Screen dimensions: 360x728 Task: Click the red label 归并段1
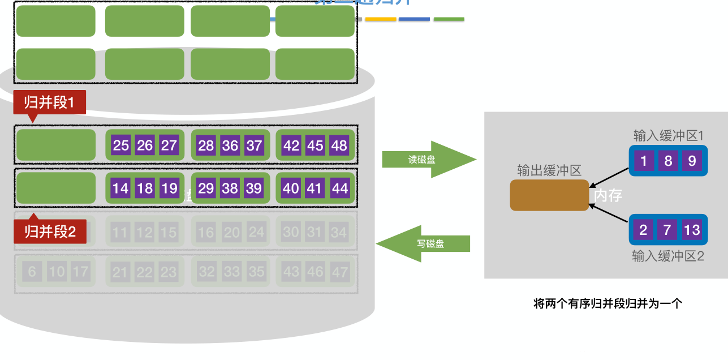pos(49,102)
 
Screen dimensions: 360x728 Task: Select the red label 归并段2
pos(50,232)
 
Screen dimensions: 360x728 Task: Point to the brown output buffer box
pos(549,195)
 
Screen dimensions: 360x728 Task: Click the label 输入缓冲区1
pos(668,136)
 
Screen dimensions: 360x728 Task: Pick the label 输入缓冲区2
pos(667,256)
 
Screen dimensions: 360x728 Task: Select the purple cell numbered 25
pos(121,145)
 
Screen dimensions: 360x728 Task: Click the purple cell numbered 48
pos(339,145)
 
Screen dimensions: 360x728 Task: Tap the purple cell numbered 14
pos(120,188)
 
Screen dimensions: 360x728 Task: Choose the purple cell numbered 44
pos(339,188)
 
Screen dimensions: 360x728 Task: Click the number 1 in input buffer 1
pos(644,161)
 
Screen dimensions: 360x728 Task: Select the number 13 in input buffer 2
pos(692,230)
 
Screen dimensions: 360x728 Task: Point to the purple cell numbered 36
pos(230,145)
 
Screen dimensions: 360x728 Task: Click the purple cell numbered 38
pos(230,188)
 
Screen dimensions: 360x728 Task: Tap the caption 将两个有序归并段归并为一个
pos(608,303)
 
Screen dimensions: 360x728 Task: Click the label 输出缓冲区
pos(549,170)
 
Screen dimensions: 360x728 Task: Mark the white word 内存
pos(608,196)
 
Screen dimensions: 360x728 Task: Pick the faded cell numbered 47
pos(339,272)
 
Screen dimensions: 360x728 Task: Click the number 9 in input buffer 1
pos(692,161)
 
